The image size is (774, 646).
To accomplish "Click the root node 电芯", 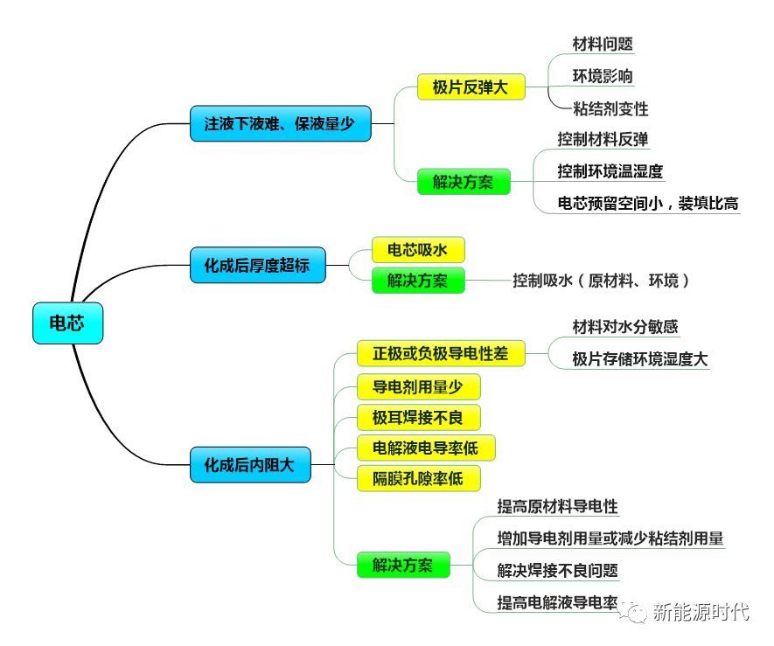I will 67,323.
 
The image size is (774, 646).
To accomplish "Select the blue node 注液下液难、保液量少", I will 280,124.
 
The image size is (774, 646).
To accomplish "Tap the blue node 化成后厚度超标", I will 257,265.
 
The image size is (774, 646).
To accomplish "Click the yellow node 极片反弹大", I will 471,87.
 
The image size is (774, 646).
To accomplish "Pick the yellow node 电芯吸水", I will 417,250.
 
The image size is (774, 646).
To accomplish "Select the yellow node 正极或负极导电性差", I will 441,353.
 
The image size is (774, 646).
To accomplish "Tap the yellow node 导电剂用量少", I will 418,387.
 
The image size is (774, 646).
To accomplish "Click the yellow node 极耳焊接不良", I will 418,417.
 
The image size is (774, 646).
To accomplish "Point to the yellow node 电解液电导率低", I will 426,448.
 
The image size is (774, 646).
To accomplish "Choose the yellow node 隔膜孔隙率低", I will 418,478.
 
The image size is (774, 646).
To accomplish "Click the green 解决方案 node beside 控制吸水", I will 417,281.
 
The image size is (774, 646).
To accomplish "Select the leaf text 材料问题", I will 603,44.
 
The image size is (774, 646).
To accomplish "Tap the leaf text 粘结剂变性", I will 610,109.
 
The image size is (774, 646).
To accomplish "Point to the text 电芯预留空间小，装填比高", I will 648,204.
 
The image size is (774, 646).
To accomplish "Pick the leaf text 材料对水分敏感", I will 625,327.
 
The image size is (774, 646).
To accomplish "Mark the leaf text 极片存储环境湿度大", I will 640,358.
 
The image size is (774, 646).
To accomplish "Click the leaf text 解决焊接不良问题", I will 557,571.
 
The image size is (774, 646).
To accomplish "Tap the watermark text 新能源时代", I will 701,612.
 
